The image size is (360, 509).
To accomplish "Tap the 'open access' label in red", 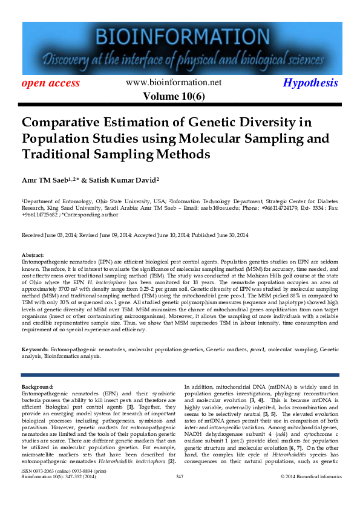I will coord(51,83).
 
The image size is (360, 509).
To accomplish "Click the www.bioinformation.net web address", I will coord(174,83).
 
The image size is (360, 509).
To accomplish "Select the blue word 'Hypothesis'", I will coord(310,83).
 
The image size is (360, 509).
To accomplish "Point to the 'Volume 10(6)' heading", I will coord(174,97).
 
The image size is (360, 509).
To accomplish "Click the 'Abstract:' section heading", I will coord(33,256).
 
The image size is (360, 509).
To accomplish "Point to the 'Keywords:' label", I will coord(35,350).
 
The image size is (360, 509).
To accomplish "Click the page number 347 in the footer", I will coord(180,493).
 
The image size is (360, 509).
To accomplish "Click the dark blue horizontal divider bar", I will coord(180,375).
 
